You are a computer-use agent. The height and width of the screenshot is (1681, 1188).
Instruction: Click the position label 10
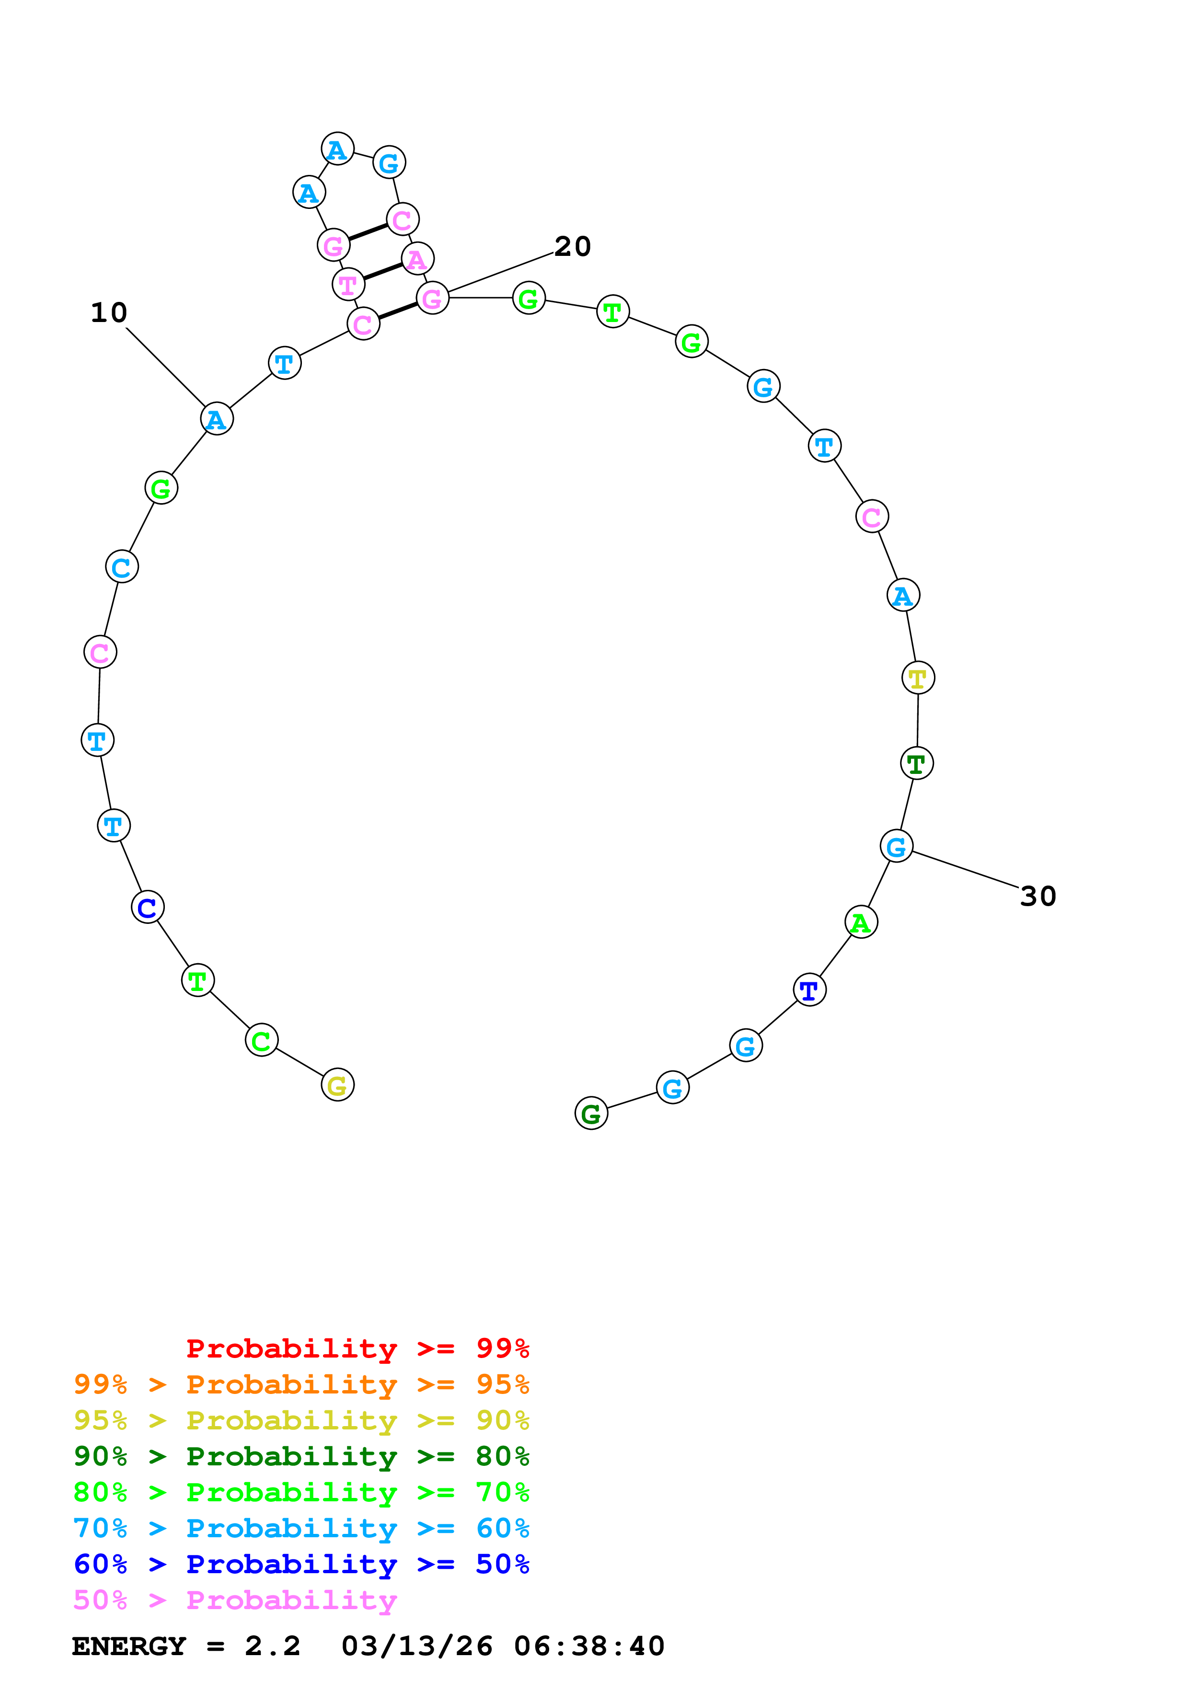pos(108,312)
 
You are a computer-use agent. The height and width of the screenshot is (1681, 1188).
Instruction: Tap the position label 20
pos(572,247)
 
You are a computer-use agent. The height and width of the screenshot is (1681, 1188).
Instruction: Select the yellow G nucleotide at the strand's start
pos(337,1084)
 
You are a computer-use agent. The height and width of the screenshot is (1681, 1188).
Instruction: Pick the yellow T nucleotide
pos(917,678)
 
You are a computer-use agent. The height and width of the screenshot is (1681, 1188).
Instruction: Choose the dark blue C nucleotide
pos(147,907)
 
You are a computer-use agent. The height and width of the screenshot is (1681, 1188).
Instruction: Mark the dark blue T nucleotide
pos(809,990)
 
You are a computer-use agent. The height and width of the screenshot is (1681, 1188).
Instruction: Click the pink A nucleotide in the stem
pos(417,258)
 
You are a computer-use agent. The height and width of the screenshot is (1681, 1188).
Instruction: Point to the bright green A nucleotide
pos(861,922)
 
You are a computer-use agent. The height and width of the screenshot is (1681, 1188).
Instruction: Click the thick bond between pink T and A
pos(383,271)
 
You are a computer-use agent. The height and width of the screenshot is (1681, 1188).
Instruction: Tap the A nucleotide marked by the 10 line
pos(217,419)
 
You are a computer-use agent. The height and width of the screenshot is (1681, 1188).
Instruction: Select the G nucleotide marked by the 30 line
pos(896,846)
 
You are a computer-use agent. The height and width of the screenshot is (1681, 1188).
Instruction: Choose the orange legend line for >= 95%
pos(301,1384)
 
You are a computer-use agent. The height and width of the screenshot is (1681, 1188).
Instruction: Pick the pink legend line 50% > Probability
pos(235,1600)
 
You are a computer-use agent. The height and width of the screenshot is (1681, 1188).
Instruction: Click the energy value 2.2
pos(272,1646)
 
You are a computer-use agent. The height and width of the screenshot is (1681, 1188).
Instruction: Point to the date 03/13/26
pos(416,1646)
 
